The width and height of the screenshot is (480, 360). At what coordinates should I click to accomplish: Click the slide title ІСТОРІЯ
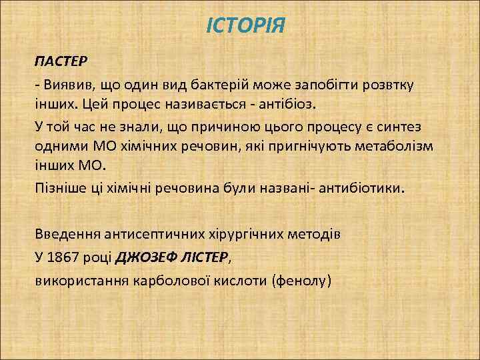pos(245,27)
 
